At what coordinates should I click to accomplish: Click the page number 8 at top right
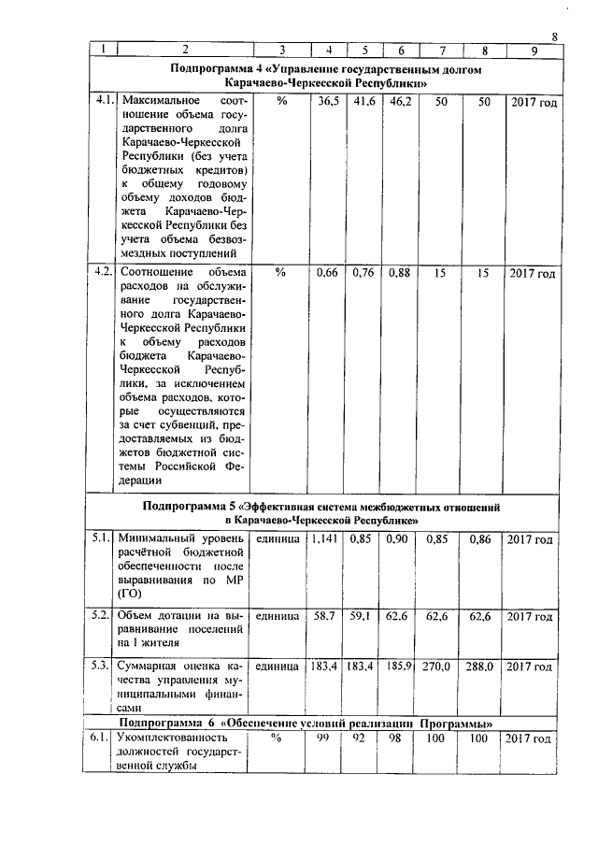click(554, 36)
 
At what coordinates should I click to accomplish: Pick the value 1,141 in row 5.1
click(326, 539)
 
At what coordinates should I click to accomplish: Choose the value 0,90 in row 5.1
click(399, 539)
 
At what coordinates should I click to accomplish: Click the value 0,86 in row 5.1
click(480, 539)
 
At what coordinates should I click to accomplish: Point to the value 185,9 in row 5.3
click(399, 667)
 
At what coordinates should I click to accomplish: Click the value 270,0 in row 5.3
click(438, 667)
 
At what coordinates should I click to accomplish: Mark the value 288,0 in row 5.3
click(480, 667)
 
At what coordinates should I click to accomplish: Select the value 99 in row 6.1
click(327, 739)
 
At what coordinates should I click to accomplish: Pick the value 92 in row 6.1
click(363, 739)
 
